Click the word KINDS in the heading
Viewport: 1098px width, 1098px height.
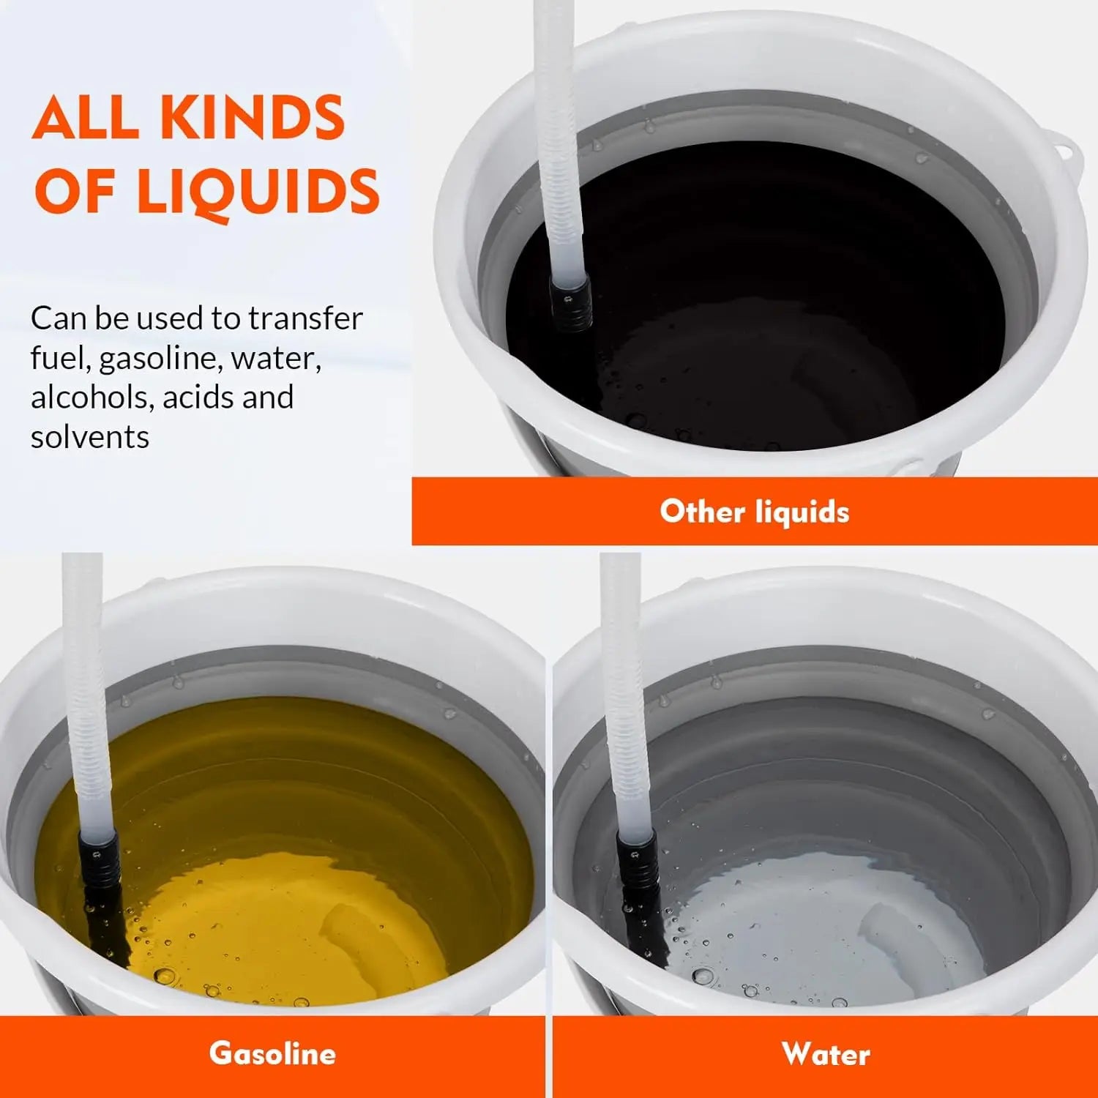click(252, 117)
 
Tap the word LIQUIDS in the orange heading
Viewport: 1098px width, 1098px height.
click(258, 191)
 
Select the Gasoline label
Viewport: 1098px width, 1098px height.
click(272, 1053)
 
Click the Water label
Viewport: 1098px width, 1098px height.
click(826, 1054)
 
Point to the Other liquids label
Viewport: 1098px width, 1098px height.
click(755, 511)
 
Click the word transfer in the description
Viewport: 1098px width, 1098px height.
click(305, 318)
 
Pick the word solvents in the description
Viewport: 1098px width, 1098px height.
click(90, 437)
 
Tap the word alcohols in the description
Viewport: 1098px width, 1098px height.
click(89, 397)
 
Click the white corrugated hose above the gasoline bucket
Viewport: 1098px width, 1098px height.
click(86, 695)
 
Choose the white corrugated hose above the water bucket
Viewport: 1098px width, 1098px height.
click(624, 695)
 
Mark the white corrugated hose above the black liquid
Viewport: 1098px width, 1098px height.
click(562, 139)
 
